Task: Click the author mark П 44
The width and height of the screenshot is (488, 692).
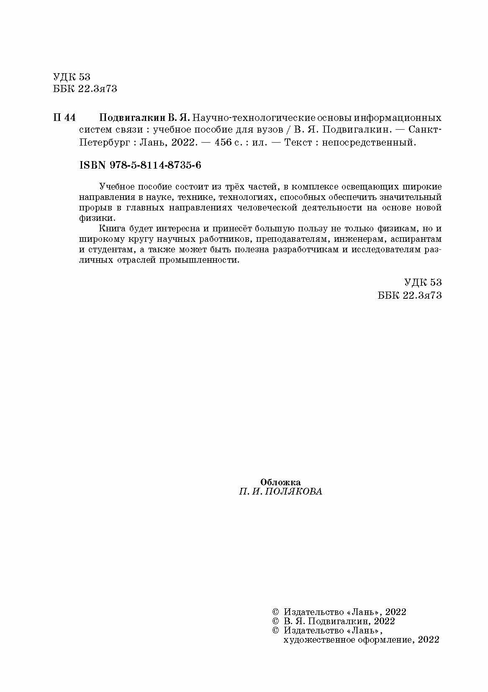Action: [x=64, y=118]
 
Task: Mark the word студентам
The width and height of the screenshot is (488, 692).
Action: [x=108, y=250]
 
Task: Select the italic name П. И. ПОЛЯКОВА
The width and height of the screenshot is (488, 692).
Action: [x=280, y=492]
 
